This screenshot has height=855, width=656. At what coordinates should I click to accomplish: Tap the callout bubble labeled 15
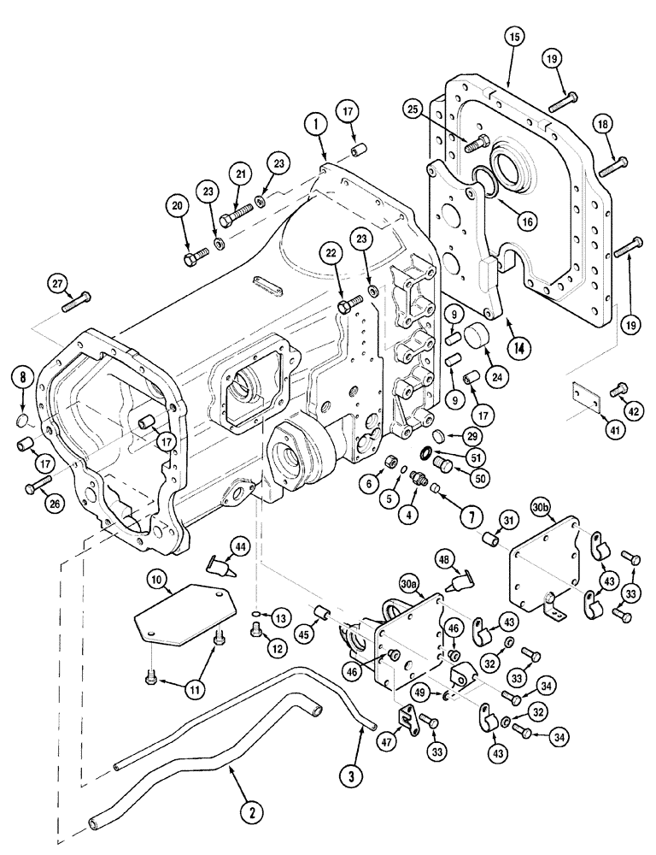(515, 38)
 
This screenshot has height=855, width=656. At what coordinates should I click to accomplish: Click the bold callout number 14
(516, 349)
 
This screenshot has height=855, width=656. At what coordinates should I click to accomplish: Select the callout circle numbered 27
(56, 284)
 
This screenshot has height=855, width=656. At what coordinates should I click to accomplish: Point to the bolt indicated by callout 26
(37, 487)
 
